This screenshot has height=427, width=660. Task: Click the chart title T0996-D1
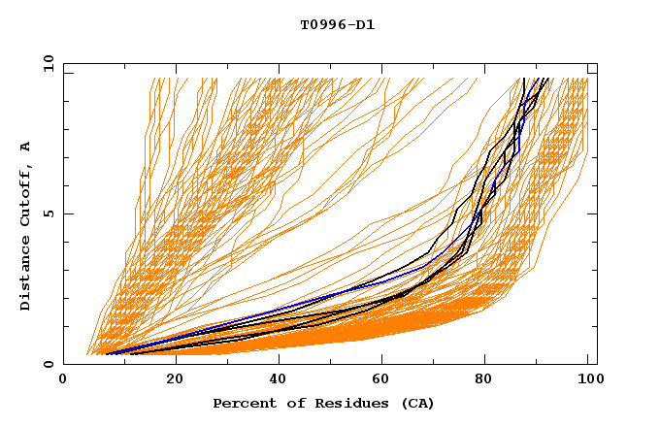click(x=338, y=25)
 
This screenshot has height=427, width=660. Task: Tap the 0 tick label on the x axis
click(x=63, y=381)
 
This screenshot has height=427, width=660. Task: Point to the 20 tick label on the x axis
click(x=169, y=381)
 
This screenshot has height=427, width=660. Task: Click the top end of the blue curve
click(x=537, y=79)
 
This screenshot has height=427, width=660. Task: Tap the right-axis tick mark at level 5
click(x=593, y=213)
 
